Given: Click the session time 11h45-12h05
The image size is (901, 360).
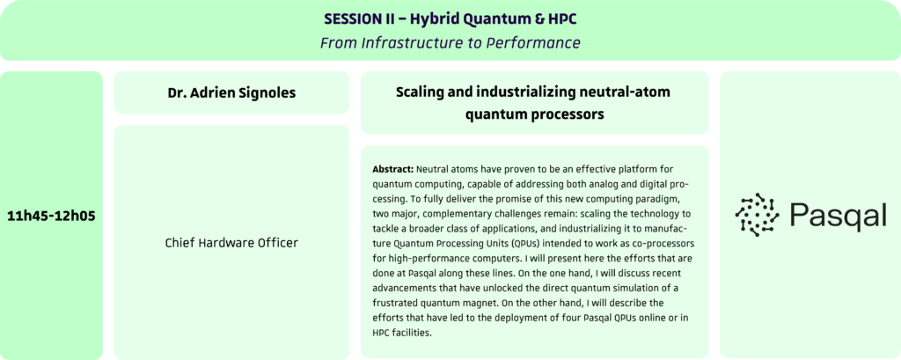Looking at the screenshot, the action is point(51,217).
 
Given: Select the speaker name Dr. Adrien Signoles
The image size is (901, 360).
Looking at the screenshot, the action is point(231,92).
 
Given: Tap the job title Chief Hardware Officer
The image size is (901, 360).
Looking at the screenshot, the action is point(231,243).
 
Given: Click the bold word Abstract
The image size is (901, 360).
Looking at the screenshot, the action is point(393,170).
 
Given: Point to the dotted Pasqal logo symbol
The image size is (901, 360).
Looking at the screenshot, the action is point(758,215).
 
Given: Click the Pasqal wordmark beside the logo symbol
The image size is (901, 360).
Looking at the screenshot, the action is point(838,217).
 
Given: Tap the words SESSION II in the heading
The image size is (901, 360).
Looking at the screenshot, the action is point(356,19).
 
